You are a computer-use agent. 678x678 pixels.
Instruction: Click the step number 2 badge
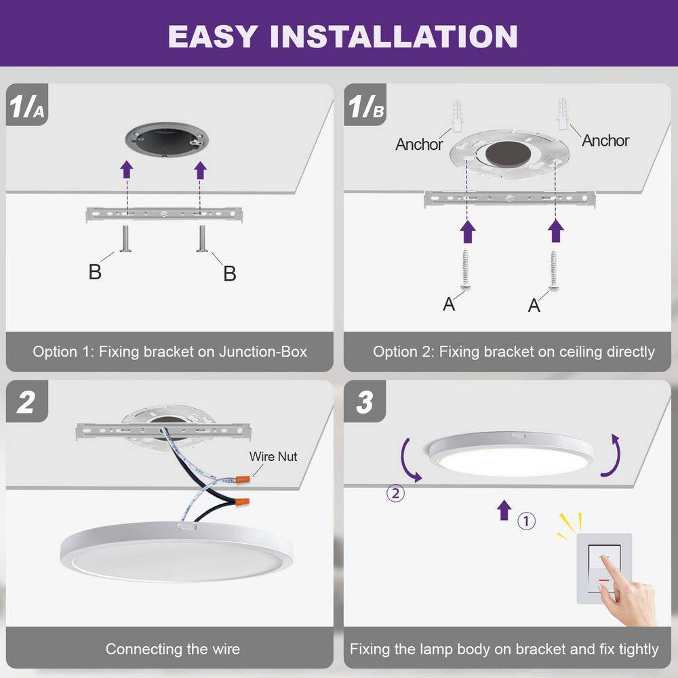(26, 402)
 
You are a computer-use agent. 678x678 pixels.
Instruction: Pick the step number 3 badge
(364, 402)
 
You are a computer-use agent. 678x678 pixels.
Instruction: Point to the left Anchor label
(419, 144)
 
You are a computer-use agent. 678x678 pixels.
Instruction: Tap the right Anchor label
(605, 140)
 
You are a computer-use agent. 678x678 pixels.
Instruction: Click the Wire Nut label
(273, 457)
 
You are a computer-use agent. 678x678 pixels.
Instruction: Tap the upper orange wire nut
(239, 479)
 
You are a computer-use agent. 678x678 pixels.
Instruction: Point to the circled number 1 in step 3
(527, 521)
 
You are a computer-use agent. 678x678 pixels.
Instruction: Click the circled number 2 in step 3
(395, 493)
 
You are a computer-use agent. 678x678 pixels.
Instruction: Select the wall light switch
(603, 568)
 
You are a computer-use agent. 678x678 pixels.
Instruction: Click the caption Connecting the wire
(172, 649)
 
